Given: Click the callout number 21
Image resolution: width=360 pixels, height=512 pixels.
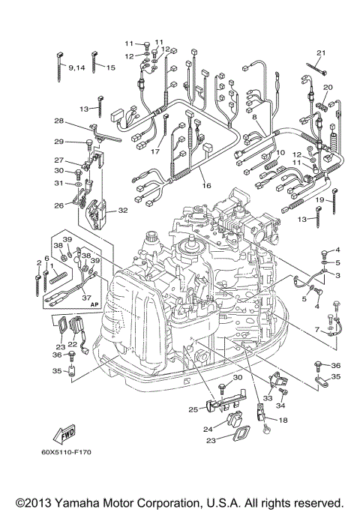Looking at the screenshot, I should [320, 52].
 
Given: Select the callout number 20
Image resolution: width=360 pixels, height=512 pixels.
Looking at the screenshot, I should [328, 88].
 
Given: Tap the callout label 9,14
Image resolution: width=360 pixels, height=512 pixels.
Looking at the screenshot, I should [77, 68].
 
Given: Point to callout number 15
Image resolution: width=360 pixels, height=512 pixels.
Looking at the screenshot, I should [110, 68].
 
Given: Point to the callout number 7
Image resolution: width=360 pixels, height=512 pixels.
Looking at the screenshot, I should [318, 330].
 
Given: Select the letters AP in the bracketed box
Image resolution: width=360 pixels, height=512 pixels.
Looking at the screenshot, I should [95, 306].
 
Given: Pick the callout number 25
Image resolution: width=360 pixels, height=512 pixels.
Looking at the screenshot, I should [193, 409].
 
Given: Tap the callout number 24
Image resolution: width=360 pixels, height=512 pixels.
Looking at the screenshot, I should [208, 430].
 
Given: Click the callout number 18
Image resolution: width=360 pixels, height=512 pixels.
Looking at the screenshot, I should [283, 421].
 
